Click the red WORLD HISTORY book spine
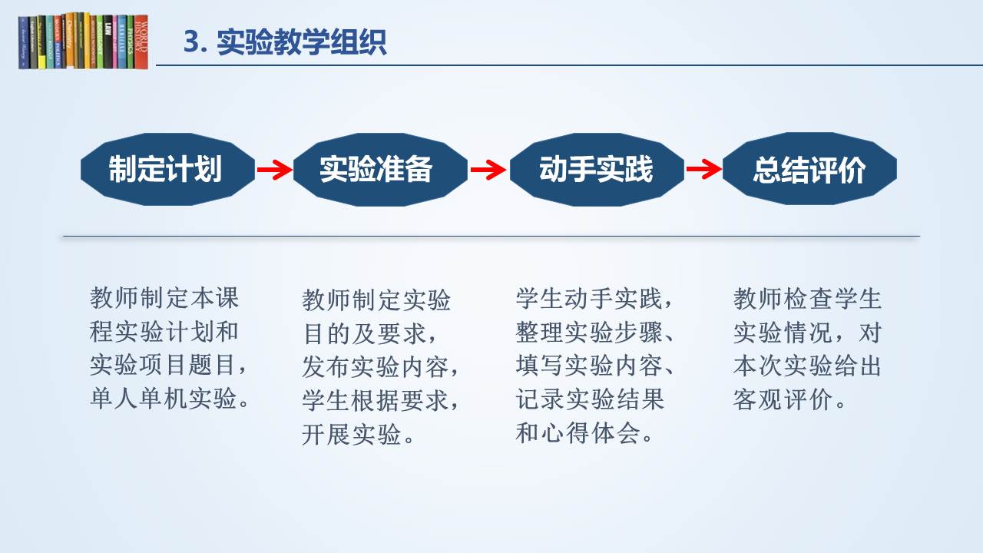pos(141,42)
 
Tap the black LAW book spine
pos(108,42)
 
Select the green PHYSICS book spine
pos(131,42)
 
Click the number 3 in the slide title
pos(191,42)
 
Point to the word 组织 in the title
pos(358,42)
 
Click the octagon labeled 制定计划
pos(167,169)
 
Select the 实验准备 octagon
pos(380,169)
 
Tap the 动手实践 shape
pos(597,169)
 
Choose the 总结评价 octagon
pos(809,169)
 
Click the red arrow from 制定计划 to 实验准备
pos(275,170)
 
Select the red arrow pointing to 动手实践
pos(488,170)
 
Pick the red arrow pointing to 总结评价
pos(704,170)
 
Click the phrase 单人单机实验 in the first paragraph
pos(164,399)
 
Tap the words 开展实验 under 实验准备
pos(351,434)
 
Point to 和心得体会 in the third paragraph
pos(578,432)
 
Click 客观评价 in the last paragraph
pos(783,399)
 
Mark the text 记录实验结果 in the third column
pos(589,399)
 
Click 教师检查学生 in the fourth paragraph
pos(807,299)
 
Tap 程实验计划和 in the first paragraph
pos(164,331)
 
